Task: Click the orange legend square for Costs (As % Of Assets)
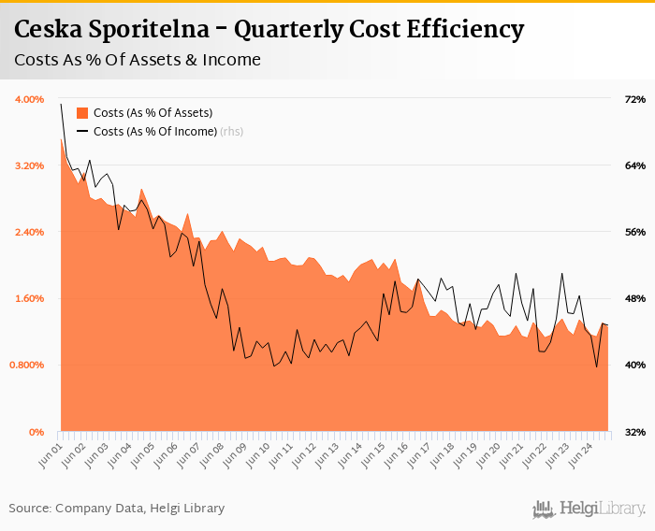coord(82,113)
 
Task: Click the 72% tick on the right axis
coord(634,99)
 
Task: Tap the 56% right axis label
coord(634,232)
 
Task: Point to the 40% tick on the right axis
coord(634,365)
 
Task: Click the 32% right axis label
coord(634,432)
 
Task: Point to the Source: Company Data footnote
coord(117,509)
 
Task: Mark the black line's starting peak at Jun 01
coord(61,104)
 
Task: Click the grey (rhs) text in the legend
coord(232,132)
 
